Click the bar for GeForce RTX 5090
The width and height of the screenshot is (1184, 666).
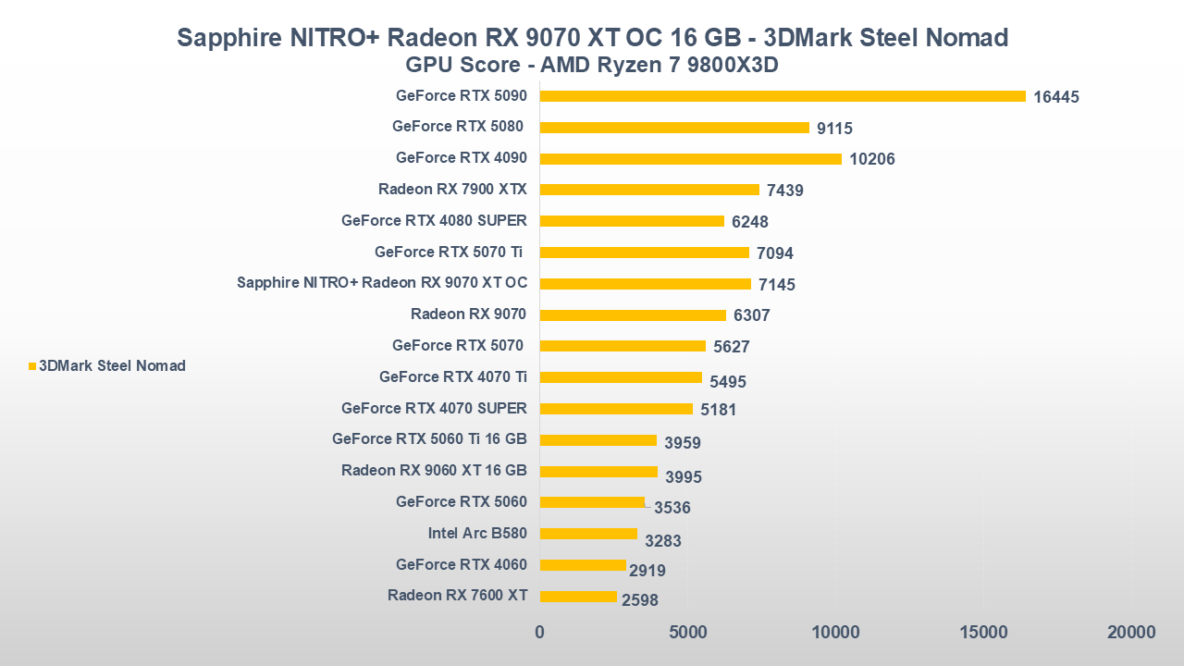click(783, 96)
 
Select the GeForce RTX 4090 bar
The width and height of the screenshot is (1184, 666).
click(690, 158)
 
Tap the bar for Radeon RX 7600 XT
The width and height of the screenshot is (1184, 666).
click(578, 597)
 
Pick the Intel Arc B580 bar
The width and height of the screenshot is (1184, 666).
click(588, 534)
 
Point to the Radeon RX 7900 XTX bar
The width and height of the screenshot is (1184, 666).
click(649, 190)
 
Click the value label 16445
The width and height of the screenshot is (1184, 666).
click(1056, 97)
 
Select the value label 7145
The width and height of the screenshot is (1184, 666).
click(777, 285)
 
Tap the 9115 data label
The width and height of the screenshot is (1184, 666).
click(834, 129)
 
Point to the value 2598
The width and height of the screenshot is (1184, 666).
click(640, 600)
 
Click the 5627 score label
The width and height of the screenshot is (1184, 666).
click(731, 347)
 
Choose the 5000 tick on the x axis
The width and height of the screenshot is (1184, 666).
click(687, 633)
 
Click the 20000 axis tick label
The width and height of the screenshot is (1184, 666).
click(1130, 633)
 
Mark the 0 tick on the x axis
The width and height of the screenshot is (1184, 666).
click(540, 633)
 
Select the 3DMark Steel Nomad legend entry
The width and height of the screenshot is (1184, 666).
click(107, 366)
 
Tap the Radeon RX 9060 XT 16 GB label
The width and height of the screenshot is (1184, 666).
click(434, 470)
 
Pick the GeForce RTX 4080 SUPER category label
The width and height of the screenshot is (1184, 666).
click(434, 220)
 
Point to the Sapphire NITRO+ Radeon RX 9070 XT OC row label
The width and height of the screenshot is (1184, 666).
click(382, 283)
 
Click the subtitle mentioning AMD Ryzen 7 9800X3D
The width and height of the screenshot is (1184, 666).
click(592, 66)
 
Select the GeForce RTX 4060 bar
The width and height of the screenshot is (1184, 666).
click(583, 565)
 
